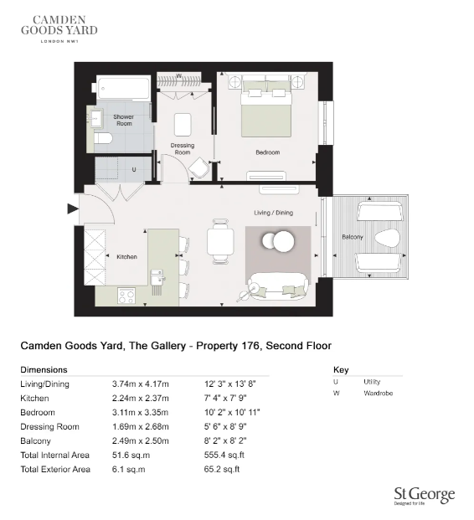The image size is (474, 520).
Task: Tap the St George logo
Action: point(424,495)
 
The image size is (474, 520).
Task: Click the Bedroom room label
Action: point(268,152)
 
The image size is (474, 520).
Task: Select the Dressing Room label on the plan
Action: point(183,149)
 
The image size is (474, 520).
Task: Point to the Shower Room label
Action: point(124,121)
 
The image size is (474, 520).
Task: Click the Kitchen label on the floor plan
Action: point(126,257)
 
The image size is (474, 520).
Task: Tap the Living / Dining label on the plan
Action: point(274,213)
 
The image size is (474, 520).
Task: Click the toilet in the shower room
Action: point(102,138)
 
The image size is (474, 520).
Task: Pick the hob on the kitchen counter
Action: point(127,295)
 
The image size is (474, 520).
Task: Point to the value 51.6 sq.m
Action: point(129,456)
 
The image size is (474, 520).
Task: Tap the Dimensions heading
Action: point(44,369)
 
